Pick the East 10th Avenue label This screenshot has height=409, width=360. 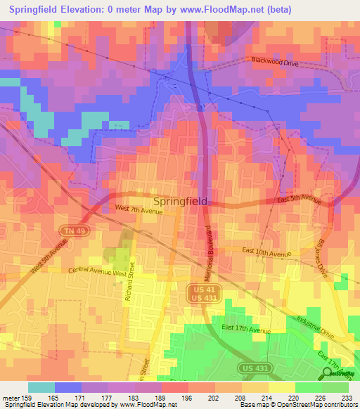coord(267,253)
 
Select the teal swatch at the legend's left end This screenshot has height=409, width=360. coord(41,387)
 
